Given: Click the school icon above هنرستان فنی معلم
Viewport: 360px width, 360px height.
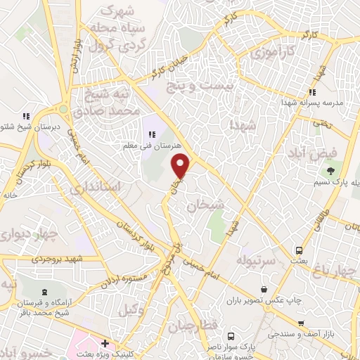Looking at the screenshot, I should (150, 134).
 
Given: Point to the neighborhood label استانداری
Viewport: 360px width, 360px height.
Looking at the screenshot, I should (117, 186).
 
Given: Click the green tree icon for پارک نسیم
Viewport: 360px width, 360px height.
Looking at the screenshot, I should (328, 171).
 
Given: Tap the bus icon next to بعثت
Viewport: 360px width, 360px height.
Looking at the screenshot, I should (300, 250).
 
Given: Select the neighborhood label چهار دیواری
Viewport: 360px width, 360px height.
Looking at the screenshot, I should (29, 233).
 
